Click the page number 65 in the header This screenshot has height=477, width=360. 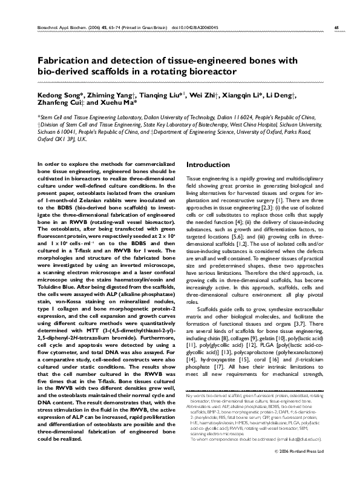(336, 27)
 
